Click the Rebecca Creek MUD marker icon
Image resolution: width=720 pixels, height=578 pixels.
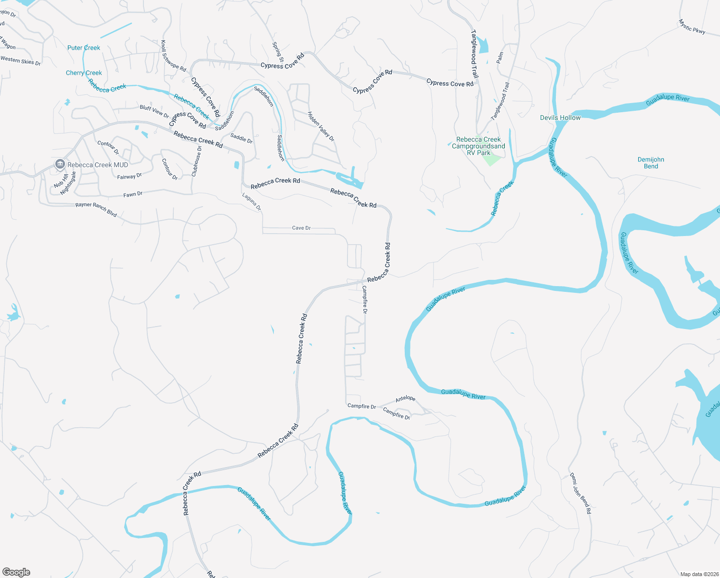pyautogui.click(x=60, y=164)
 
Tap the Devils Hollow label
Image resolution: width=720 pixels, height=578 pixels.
pyautogui.click(x=560, y=118)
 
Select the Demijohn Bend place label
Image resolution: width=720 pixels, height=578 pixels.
pyautogui.click(x=651, y=163)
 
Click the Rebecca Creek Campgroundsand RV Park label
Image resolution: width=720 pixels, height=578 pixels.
pyautogui.click(x=478, y=146)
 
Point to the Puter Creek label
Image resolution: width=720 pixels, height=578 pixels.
pyautogui.click(x=84, y=48)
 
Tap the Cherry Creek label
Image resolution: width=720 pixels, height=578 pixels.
pyautogui.click(x=84, y=73)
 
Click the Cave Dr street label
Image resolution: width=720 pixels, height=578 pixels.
pyautogui.click(x=301, y=228)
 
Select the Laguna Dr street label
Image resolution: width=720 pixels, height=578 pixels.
pyautogui.click(x=251, y=202)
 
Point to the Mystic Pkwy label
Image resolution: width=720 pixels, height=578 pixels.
pyautogui.click(x=692, y=26)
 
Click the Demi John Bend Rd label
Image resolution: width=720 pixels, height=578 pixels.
pyautogui.click(x=580, y=493)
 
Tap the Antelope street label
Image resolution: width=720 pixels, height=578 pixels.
pyautogui.click(x=405, y=399)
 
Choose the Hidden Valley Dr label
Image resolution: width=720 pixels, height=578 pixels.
pyautogui.click(x=321, y=126)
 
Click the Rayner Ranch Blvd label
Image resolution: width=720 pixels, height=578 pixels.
pyautogui.click(x=96, y=210)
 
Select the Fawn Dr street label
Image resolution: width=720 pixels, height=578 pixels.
pyautogui.click(x=133, y=194)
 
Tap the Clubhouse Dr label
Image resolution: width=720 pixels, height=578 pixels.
pyautogui.click(x=196, y=161)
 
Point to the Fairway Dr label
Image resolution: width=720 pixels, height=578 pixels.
pyautogui.click(x=129, y=177)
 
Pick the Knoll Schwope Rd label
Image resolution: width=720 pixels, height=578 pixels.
pyautogui.click(x=173, y=56)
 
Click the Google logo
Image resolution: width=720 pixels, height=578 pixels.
pyautogui.click(x=16, y=572)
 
